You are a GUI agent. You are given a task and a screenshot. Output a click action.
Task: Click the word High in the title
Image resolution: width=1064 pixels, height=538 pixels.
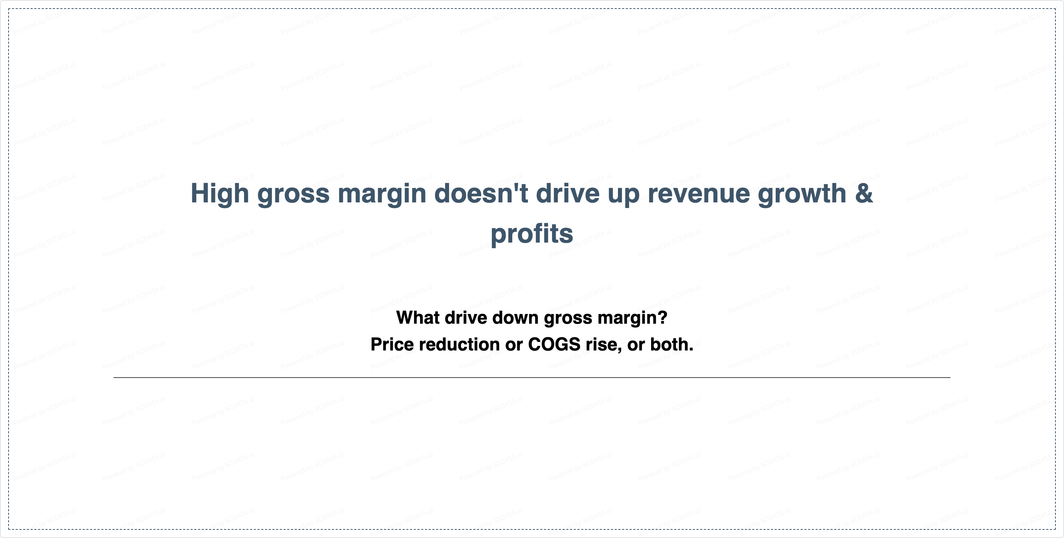coord(220,194)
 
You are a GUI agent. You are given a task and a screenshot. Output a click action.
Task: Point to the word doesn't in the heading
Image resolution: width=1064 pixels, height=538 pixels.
coord(481,193)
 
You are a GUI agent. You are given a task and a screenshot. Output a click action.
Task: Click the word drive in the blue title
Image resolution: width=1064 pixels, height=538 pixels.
coord(567,193)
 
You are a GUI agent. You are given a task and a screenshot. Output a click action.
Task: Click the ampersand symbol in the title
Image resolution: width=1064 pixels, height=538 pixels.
coord(864,193)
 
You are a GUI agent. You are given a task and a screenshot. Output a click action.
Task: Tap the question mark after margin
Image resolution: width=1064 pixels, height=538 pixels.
coord(663,317)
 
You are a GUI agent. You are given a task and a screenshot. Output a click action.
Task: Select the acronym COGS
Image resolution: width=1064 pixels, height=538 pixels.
coord(554,344)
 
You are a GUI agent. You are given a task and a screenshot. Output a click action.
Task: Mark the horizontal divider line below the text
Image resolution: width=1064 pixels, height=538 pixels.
coord(532,377)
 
